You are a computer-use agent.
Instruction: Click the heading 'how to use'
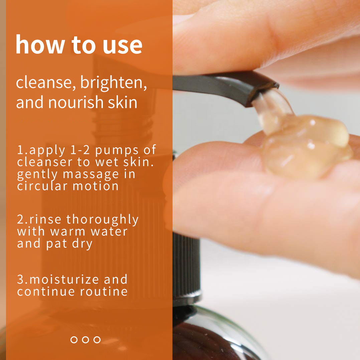[x=79, y=45]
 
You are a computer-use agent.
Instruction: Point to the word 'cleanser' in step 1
[x=40, y=162]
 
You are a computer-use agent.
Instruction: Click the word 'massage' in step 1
[x=91, y=174]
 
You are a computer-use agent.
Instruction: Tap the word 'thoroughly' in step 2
[x=102, y=220]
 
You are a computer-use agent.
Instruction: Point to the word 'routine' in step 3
[x=104, y=291]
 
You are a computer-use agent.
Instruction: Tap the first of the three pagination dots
[x=74, y=340]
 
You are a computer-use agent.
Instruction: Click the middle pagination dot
[x=85, y=340]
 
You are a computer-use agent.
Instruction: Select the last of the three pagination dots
[x=97, y=340]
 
